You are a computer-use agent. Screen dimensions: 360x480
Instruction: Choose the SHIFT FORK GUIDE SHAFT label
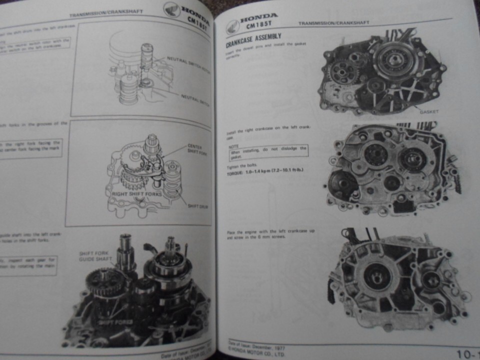[96, 256]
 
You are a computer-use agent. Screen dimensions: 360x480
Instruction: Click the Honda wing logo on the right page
[233, 26]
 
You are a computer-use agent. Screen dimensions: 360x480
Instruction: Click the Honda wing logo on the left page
[172, 8]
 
